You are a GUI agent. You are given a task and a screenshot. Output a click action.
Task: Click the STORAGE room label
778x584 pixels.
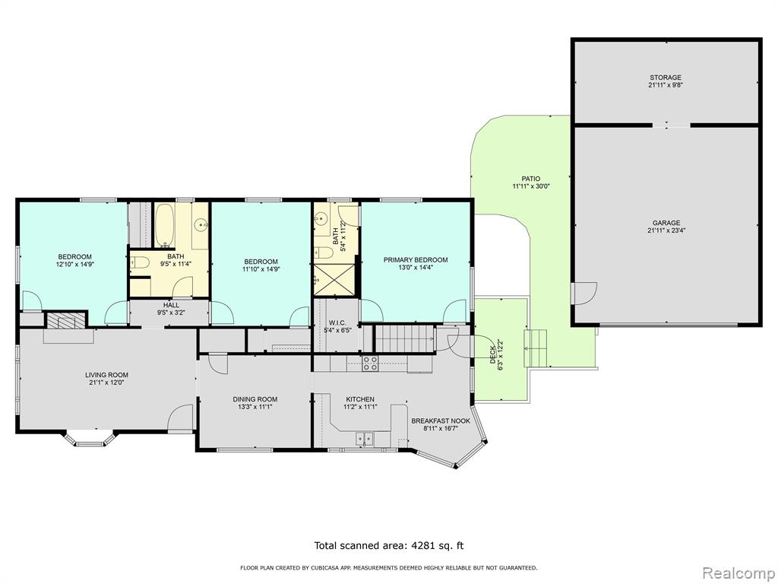pos(666,78)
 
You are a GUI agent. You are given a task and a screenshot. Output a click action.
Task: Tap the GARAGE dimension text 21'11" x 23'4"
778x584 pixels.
pos(666,230)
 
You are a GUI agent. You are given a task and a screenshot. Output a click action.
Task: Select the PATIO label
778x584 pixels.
pos(531,179)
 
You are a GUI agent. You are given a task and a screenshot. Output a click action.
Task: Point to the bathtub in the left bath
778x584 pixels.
pos(164,226)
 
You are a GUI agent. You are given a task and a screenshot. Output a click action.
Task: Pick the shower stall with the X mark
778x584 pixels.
pos(334,281)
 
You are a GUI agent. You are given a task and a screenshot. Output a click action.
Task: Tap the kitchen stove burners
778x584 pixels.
pos(370,364)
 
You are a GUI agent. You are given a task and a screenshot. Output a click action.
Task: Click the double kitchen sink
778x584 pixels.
pos(365,439)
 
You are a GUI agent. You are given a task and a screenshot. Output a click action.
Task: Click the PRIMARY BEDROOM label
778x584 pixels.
pos(416,260)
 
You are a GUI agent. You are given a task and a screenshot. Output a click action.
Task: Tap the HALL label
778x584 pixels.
pos(171,305)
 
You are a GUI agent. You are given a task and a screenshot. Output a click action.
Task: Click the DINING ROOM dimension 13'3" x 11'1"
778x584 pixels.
pos(255,407)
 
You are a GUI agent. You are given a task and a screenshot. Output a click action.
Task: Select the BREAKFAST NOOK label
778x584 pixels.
pos(441,421)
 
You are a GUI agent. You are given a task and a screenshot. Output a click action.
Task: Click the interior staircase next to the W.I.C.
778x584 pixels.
pos(404,338)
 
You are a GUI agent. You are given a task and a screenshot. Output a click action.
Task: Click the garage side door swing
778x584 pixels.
pos(584,293)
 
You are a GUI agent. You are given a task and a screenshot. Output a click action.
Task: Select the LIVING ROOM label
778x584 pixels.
pos(106,375)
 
